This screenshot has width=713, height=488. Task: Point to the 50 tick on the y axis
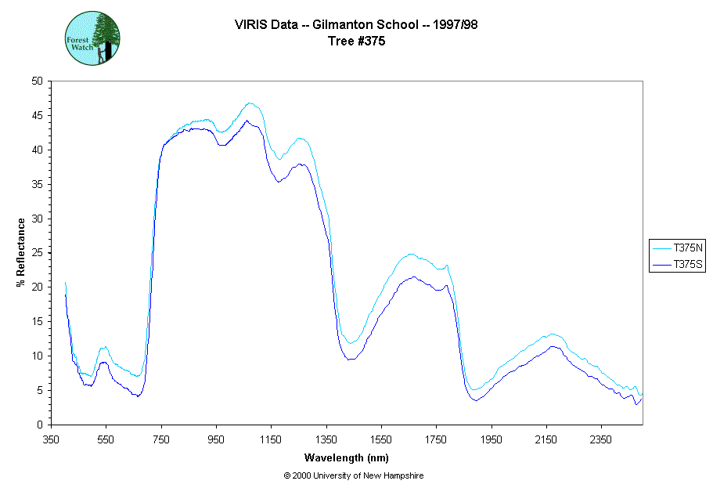click(38, 81)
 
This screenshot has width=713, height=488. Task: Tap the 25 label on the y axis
click(38, 252)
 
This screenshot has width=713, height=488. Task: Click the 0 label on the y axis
click(40, 425)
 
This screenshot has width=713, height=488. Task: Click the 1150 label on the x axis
click(271, 439)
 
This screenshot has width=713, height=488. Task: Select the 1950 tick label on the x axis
click(491, 439)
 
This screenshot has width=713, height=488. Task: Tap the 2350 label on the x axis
click(601, 439)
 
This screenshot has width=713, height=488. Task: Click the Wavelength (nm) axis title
click(347, 458)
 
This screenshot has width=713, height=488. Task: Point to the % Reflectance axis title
click(20, 252)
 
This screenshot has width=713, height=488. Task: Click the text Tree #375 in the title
click(357, 42)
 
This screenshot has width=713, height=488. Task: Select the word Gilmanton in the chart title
click(343, 25)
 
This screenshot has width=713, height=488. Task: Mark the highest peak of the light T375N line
click(250, 103)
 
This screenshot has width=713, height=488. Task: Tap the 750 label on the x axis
click(161, 439)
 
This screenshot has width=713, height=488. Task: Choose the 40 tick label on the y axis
click(38, 150)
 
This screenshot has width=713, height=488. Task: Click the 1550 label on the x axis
click(381, 439)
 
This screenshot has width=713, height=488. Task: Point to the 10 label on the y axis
click(38, 356)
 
